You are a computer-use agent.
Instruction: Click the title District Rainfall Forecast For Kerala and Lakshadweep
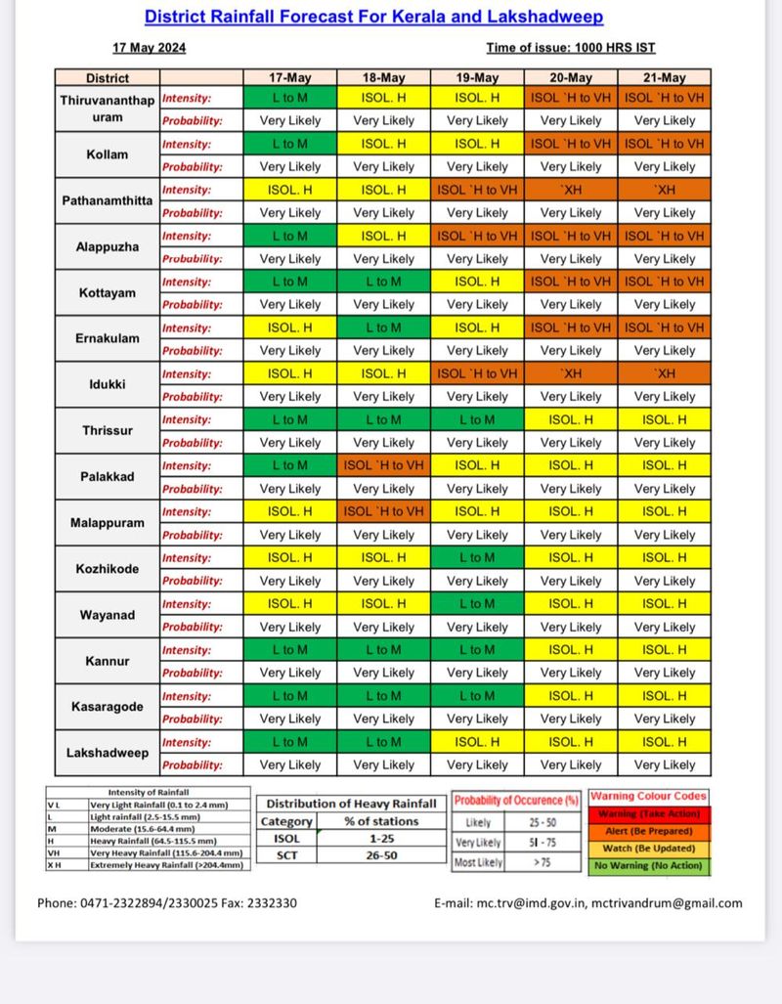click(373, 17)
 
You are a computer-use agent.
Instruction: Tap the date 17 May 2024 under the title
click(150, 48)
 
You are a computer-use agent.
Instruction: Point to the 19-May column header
click(477, 78)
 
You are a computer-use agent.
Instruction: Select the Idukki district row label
click(108, 385)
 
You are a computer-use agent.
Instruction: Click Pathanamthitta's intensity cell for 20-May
click(571, 190)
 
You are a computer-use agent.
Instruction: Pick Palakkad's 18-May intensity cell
click(384, 465)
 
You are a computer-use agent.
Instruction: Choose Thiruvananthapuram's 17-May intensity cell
click(290, 98)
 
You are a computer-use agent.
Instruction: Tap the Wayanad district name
click(108, 615)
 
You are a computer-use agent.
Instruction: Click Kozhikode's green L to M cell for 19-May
click(477, 558)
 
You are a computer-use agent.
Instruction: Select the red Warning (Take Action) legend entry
click(648, 813)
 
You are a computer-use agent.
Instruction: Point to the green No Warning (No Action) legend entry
click(648, 865)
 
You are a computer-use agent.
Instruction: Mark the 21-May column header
click(665, 78)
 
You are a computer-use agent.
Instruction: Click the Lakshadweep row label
click(108, 753)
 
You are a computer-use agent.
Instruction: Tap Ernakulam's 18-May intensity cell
click(384, 327)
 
